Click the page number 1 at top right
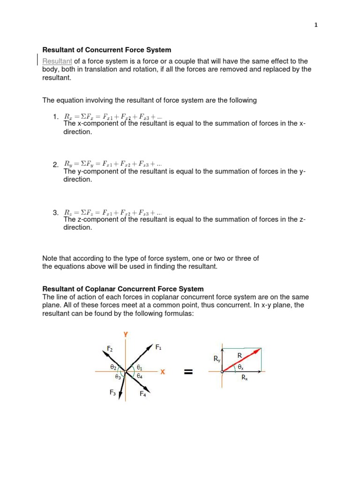[316, 25]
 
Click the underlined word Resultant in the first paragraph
[57, 61]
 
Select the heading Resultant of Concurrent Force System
[107, 50]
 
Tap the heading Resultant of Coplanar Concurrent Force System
[123, 289]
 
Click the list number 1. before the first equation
[56, 116]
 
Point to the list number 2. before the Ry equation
[56, 165]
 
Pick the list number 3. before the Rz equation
[56, 213]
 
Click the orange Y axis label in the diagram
[126, 334]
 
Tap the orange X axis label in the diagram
[163, 372]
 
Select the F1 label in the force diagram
[158, 347]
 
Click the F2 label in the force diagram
[110, 349]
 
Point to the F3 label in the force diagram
[112, 393]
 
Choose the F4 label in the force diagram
[142, 394]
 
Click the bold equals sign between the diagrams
[188, 372]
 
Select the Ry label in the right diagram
[217, 359]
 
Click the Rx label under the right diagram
[244, 377]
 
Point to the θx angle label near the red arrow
[240, 367]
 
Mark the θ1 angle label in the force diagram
[140, 368]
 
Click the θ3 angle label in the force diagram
[118, 376]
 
